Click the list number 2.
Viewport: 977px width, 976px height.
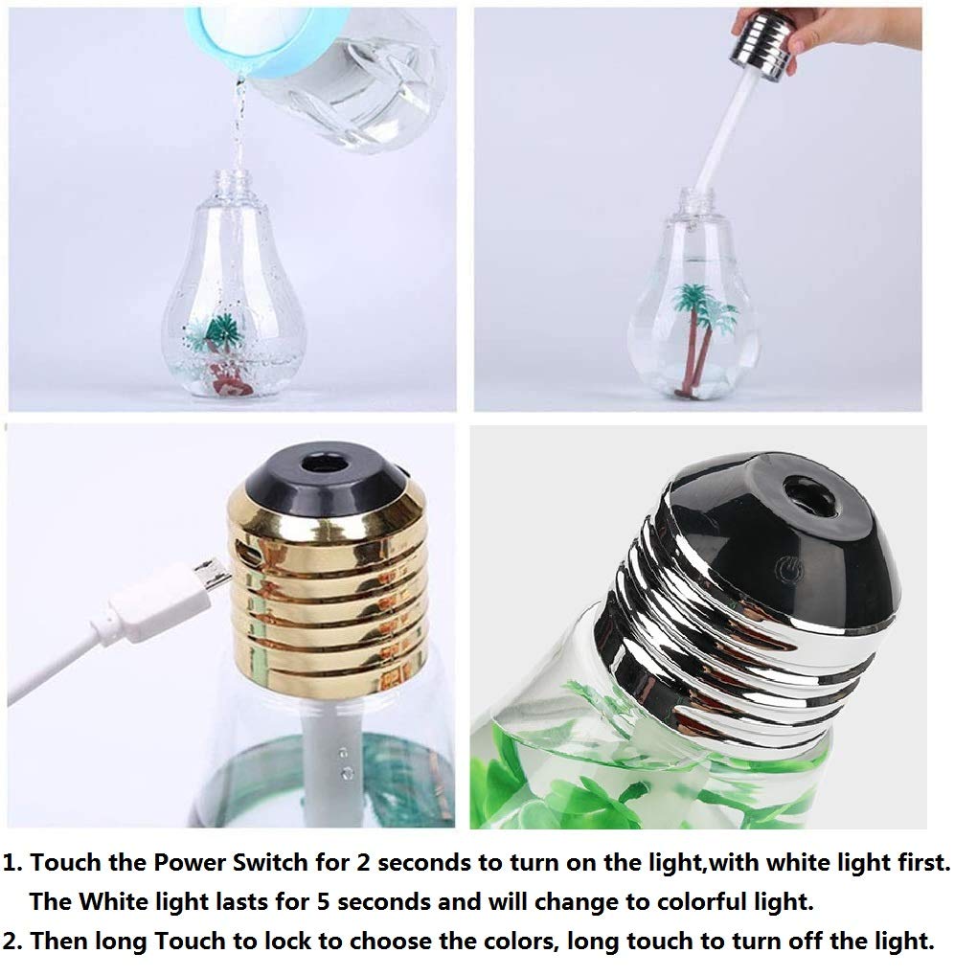pyautogui.click(x=11, y=941)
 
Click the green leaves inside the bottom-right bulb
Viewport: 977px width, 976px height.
pyautogui.click(x=575, y=776)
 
